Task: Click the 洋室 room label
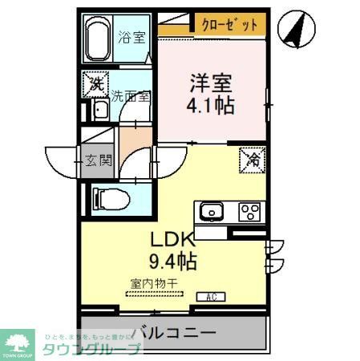[x=212, y=83]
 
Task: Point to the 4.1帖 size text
[x=212, y=105]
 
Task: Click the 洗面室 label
[x=130, y=95]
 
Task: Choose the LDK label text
[x=172, y=240]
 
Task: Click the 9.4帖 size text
[x=172, y=261]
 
